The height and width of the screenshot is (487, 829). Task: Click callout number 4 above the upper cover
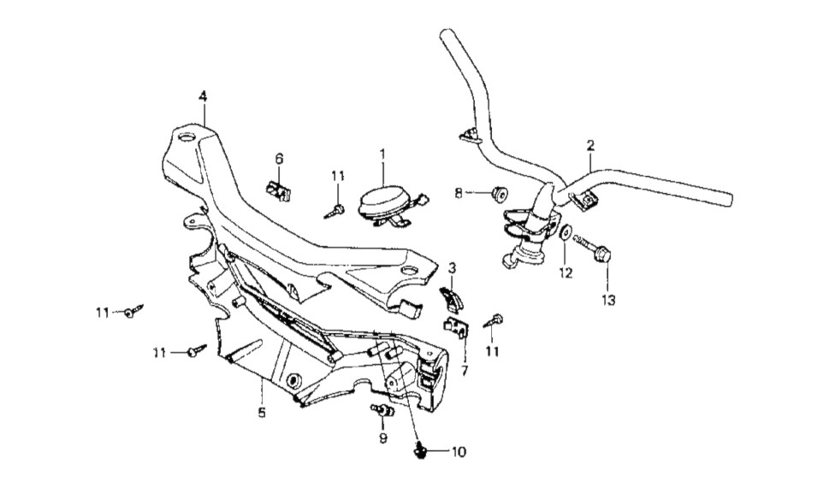click(203, 96)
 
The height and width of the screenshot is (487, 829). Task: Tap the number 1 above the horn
click(382, 154)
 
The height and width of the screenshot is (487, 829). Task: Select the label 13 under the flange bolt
click(607, 300)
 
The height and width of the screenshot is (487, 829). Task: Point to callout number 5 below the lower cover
click(262, 414)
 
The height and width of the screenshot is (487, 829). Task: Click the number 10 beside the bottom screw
click(459, 451)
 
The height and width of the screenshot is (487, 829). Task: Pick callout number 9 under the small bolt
click(383, 438)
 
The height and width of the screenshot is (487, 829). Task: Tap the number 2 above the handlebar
click(589, 146)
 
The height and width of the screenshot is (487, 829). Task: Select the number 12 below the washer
click(565, 273)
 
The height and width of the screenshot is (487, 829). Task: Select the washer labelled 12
click(565, 232)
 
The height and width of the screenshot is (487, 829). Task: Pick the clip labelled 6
click(279, 189)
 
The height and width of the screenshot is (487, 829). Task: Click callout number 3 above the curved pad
click(451, 267)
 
